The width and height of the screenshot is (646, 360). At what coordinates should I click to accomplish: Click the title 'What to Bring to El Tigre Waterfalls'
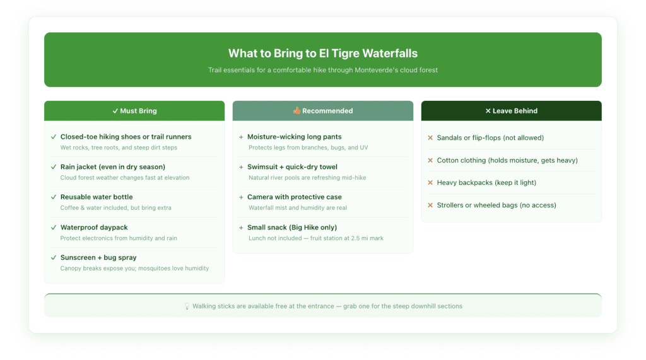[322, 54]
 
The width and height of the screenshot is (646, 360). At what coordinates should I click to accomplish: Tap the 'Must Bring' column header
[134, 111]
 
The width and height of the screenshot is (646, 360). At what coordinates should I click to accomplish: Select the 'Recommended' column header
[322, 111]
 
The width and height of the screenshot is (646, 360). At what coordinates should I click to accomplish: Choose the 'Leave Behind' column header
[511, 111]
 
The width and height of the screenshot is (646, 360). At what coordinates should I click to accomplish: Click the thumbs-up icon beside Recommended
[297, 111]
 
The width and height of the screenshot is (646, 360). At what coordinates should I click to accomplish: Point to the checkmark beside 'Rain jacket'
[53, 167]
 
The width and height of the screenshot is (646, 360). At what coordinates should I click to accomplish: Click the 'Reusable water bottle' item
[97, 197]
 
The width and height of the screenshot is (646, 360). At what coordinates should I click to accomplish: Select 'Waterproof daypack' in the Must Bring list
[94, 228]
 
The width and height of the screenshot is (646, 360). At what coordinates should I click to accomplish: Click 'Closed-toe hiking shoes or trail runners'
[126, 137]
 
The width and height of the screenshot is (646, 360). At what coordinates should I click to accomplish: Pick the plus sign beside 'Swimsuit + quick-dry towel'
[241, 167]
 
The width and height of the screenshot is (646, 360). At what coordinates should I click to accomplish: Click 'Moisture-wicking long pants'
[294, 137]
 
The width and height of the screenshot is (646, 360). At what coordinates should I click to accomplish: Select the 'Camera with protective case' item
[294, 197]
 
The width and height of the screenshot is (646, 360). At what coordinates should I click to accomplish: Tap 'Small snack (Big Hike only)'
[292, 228]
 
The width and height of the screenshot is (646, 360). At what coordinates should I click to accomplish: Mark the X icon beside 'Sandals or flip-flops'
[430, 138]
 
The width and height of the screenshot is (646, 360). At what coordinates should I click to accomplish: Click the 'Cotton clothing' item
[507, 161]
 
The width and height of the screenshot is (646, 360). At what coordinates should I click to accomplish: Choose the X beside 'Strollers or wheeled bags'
[430, 206]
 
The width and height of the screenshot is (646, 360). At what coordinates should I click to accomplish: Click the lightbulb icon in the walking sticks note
[187, 306]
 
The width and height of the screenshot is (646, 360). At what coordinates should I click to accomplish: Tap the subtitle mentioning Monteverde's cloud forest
[322, 70]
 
